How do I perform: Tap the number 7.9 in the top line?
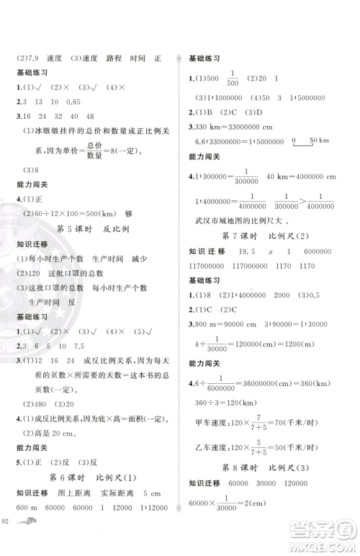coord(32,60)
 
